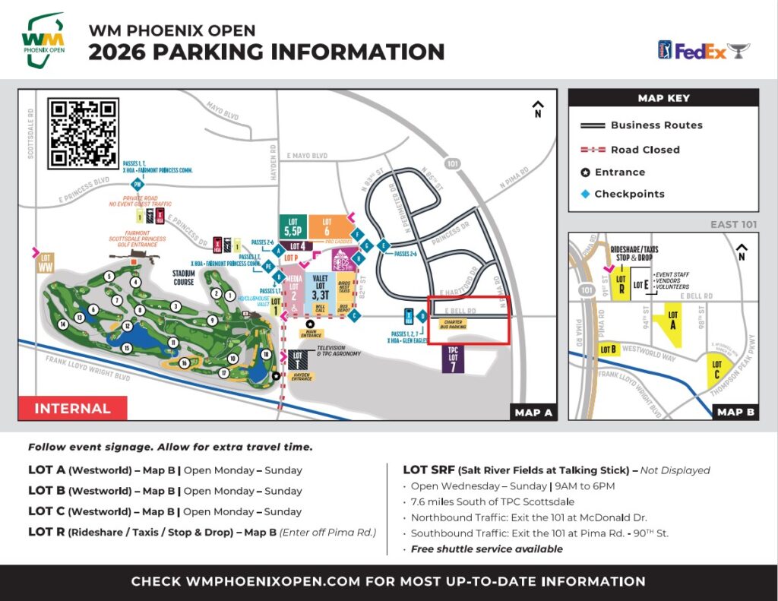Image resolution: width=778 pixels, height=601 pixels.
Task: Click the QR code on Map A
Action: (x=84, y=133)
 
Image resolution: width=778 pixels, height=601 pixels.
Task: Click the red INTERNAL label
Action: (x=72, y=408)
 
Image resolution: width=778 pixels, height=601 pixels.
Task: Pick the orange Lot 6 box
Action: (x=327, y=226)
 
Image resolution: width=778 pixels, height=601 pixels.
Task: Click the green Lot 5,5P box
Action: (x=293, y=226)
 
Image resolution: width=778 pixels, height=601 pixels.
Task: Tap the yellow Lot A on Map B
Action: (x=672, y=320)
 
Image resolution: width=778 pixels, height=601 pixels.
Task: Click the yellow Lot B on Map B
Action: (x=609, y=350)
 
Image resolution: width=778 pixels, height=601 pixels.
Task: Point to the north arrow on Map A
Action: (x=538, y=109)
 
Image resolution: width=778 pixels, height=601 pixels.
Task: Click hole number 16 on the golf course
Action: (x=184, y=363)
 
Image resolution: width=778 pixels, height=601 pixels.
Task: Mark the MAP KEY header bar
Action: (x=663, y=98)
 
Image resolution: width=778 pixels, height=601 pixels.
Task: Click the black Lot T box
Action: (x=297, y=360)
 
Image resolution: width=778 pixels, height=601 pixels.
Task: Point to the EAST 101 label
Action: (x=733, y=224)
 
